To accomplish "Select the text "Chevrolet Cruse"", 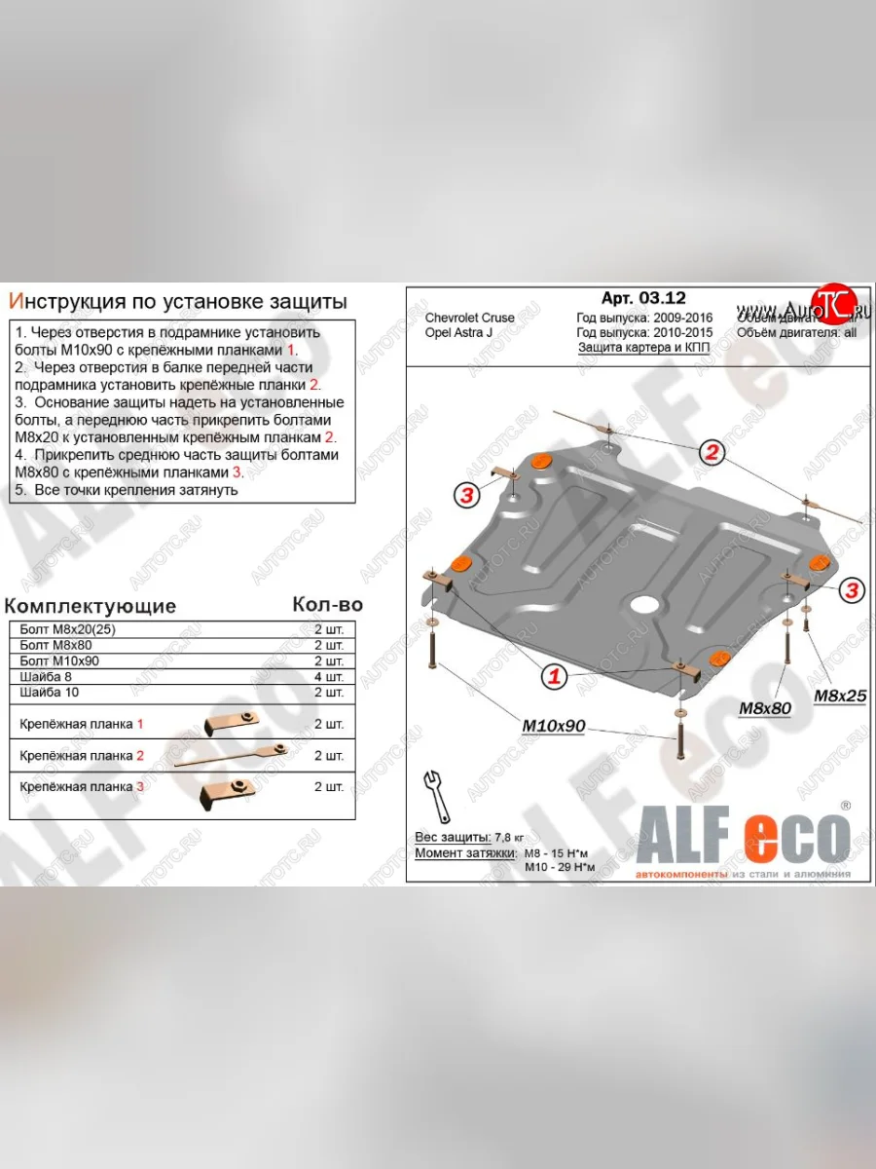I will (x=470, y=319).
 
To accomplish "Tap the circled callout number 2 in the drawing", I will (x=712, y=451).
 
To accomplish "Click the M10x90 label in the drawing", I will (x=553, y=726).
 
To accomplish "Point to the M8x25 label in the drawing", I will (x=840, y=696).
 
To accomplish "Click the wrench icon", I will (x=435, y=796).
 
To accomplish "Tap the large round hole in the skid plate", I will (x=643, y=603).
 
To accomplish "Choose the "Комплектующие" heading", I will (x=91, y=606).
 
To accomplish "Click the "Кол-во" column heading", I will (x=327, y=604).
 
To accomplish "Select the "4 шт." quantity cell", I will (x=329, y=676).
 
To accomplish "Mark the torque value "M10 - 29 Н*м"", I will (x=557, y=867).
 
